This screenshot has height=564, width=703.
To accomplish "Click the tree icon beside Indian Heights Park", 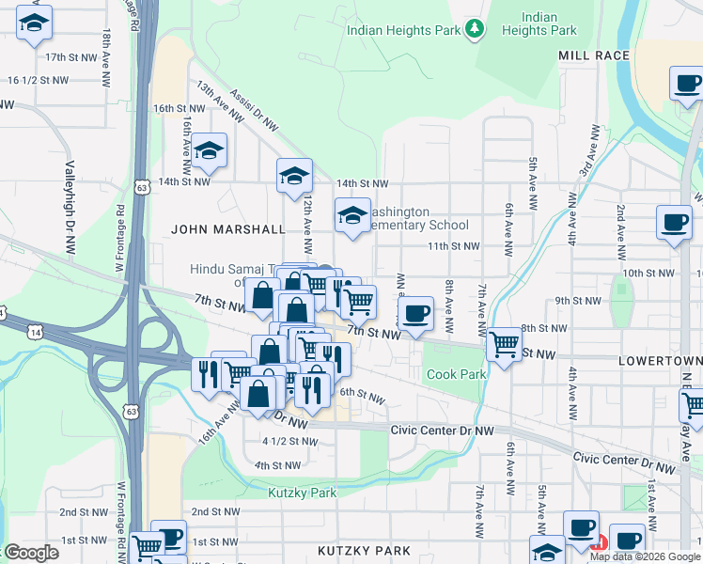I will (x=476, y=29).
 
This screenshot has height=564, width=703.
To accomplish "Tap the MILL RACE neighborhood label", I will (x=593, y=56).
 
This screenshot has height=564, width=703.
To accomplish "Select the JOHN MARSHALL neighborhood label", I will (x=228, y=229).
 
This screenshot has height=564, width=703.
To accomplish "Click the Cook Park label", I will (x=456, y=374).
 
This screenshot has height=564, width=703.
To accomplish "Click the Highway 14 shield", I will (x=35, y=333).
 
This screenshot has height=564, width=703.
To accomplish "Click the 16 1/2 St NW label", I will (x=38, y=81).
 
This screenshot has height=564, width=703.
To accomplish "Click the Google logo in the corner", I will (x=30, y=553).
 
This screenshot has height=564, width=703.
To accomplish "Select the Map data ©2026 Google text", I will (x=644, y=556).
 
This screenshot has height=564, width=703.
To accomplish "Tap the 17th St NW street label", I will (x=71, y=57).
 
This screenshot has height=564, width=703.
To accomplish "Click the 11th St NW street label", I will (x=454, y=246).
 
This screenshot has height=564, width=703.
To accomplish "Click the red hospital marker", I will (x=600, y=541).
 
